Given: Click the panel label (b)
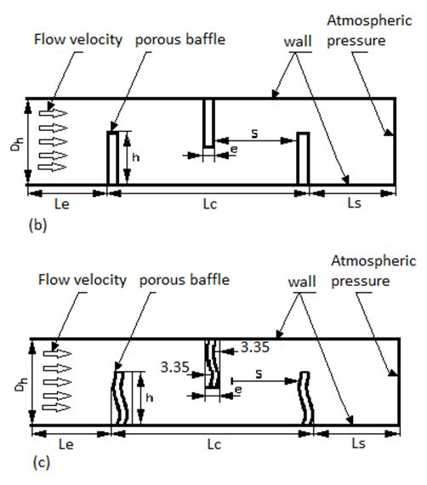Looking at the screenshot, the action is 37,225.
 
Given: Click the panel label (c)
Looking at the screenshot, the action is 42,463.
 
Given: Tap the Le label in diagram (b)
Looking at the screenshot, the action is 62,204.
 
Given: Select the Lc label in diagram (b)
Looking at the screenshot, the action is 210,204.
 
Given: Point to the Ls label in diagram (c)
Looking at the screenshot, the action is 359,444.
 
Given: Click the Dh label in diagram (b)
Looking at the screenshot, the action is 17,144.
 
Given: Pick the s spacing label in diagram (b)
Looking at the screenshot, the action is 254,134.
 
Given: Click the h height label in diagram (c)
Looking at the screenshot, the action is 150,397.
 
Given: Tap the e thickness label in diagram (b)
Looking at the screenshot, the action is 235,150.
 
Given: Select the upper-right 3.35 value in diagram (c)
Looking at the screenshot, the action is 255,347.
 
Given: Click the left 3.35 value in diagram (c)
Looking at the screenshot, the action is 174,367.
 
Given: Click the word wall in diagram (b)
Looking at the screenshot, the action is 298,42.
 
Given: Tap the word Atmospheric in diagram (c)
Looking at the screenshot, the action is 373,261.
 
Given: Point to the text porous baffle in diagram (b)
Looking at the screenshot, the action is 180,40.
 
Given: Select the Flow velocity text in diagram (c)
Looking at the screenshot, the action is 83,280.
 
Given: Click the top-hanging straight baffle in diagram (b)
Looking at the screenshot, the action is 208,123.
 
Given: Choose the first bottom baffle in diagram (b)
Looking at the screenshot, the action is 113,157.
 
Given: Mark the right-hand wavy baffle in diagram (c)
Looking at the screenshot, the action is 306,397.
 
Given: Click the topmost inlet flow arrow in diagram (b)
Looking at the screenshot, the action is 54,113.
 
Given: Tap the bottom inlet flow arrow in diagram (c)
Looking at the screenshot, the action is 57,407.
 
